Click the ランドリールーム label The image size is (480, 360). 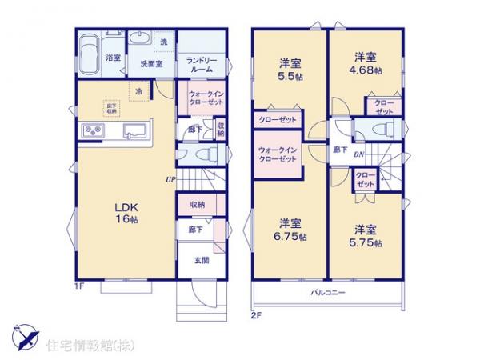tap(200, 65)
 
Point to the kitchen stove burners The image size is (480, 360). tap(90, 131)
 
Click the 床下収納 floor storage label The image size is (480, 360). tap(111, 107)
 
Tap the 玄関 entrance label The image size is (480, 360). tap(201, 260)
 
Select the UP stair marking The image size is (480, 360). tap(170, 179)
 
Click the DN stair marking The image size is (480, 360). tap(359, 154)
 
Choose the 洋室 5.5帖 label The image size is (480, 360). tap(289, 67)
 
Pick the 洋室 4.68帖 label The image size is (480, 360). tap(367, 63)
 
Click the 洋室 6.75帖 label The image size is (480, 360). tap(290, 229)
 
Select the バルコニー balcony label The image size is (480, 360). tap(328, 293)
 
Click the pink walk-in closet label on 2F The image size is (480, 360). tap(278, 154)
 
